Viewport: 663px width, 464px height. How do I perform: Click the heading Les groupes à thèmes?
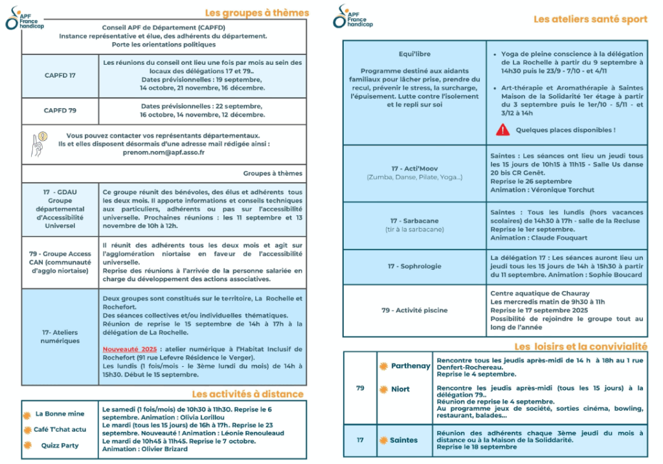click(256, 13)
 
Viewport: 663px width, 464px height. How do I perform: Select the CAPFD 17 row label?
click(60, 75)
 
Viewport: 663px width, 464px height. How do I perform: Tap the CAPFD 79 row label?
click(60, 111)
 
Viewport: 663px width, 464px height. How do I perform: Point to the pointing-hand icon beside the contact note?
click(38, 144)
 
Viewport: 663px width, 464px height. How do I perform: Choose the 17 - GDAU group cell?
click(60, 209)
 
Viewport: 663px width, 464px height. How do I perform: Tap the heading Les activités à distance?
click(247, 394)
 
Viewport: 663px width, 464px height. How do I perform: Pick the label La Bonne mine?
click(60, 414)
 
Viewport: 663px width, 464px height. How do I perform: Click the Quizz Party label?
click(60, 445)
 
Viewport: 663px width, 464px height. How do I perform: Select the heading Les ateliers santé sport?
click(590, 19)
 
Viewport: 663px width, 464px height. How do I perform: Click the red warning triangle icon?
click(502, 130)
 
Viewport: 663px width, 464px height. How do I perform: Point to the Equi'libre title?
click(414, 54)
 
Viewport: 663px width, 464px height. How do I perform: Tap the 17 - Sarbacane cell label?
click(415, 221)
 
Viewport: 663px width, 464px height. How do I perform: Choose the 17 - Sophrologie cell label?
click(414, 266)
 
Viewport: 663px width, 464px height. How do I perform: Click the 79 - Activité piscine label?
click(414, 310)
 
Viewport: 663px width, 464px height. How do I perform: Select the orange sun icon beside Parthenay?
click(383, 366)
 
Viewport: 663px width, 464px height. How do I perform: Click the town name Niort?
click(400, 389)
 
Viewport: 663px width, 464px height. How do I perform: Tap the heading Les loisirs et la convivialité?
click(580, 347)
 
